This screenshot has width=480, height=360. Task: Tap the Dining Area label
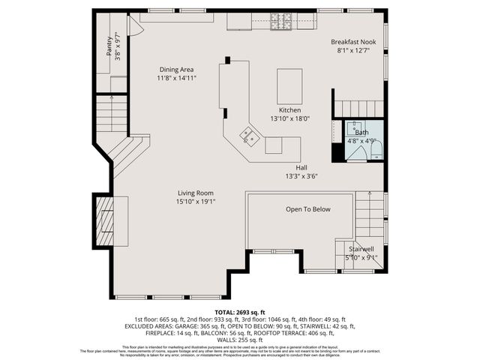tap(176, 69)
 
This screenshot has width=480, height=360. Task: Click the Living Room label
tap(195, 193)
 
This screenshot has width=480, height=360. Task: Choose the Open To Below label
tap(307, 209)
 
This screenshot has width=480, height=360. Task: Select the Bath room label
tap(361, 132)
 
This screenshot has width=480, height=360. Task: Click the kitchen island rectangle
tap(289, 86)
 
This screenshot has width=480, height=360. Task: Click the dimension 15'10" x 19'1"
tap(195, 202)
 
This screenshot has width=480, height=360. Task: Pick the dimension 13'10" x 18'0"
tap(289, 118)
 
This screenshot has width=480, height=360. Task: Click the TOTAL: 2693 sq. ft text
tap(239, 310)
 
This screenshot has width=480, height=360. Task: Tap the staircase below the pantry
tap(111, 113)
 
